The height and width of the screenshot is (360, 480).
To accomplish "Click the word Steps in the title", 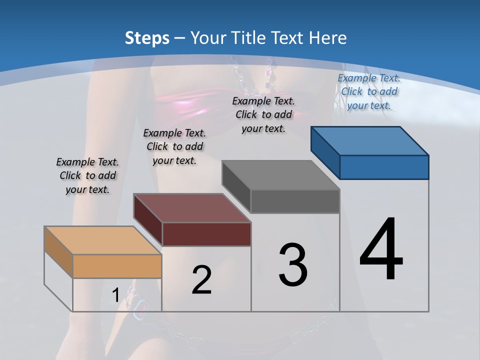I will pos(147,38).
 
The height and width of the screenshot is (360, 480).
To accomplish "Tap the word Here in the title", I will pos(328,38).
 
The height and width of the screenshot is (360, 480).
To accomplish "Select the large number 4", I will pos(381,250).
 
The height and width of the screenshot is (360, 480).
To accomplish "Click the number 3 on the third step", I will pos(293,265).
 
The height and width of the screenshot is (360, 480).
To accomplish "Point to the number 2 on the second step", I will pos(201,280).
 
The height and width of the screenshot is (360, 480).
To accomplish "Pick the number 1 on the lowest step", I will pos(115,295).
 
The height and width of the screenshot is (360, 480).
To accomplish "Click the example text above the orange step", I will pos(87,175).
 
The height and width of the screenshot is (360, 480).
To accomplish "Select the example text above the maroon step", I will pos(174,146).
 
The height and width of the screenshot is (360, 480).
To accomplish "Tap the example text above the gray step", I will pos(263,114).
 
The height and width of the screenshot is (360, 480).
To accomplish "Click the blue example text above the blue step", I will pos(369,91).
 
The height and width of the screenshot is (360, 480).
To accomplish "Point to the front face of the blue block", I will pos(384,167).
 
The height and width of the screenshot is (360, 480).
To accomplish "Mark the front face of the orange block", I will pos(117,266).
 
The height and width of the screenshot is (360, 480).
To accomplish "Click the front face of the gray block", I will pos(295,201).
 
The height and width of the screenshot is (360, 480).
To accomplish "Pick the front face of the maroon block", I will pos(206,234).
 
